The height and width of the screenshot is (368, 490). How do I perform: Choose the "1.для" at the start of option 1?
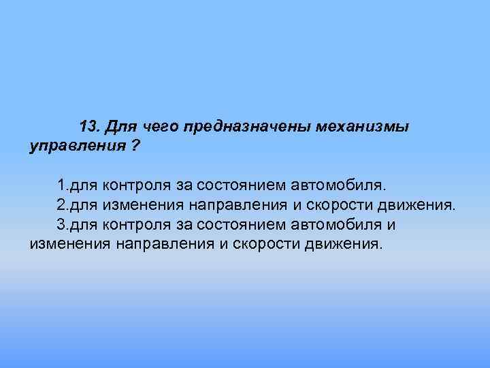pos(77,186)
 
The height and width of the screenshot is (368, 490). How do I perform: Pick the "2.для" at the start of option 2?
pos(77,205)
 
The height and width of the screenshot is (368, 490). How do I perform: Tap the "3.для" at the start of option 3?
pos(77,224)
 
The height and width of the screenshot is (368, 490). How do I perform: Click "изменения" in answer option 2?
pos(137,205)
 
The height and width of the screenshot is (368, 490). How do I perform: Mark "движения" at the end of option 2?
pos(419,205)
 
